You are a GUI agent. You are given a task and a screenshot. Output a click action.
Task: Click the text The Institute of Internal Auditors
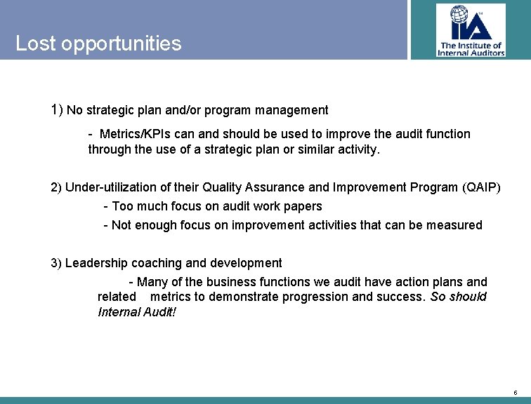(471, 49)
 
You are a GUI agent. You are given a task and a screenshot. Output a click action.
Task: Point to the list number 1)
(57, 110)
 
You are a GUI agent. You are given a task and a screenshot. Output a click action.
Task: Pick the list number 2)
(56, 187)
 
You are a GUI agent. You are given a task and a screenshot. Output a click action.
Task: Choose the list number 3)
(56, 263)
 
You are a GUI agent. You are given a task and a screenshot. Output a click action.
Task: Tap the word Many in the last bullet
(152, 282)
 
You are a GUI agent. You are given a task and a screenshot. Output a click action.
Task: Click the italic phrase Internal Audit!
(137, 311)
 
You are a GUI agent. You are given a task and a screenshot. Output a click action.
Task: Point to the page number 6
(515, 392)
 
